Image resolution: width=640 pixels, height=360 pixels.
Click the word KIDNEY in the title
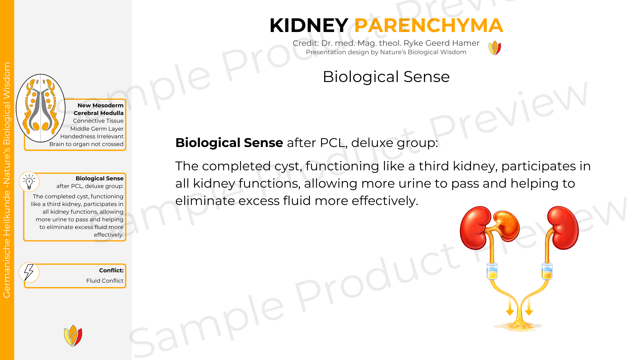coord(309,25)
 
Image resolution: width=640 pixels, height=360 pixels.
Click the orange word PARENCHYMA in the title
coord(429,25)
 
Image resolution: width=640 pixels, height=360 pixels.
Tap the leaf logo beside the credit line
coord(495,48)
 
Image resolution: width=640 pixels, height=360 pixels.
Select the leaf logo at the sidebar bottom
coord(73,336)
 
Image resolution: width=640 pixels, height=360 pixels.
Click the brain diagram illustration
coord(41,108)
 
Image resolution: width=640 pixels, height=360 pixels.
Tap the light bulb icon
coord(29,182)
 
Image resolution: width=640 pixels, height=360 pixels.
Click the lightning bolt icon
coord(29,272)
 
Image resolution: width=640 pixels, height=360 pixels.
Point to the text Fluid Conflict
coord(105,281)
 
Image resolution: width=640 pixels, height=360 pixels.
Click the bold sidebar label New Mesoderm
coord(100,105)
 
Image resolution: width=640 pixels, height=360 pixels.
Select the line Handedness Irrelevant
coord(92,136)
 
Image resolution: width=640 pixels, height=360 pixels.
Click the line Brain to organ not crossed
coord(86,144)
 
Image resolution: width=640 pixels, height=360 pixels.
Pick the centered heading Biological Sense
coord(386,77)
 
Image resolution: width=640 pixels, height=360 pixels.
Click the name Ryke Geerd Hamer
coord(441,43)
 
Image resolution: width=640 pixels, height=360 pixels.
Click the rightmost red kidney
coord(563,228)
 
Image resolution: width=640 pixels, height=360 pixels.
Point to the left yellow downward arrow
coord(510,306)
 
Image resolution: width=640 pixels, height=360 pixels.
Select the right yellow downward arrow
coord(529,306)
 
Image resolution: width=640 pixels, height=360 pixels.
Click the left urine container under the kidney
coord(492,271)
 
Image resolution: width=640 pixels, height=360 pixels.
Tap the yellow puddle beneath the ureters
coord(519,326)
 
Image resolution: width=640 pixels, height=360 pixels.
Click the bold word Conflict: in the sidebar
coord(111,270)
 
